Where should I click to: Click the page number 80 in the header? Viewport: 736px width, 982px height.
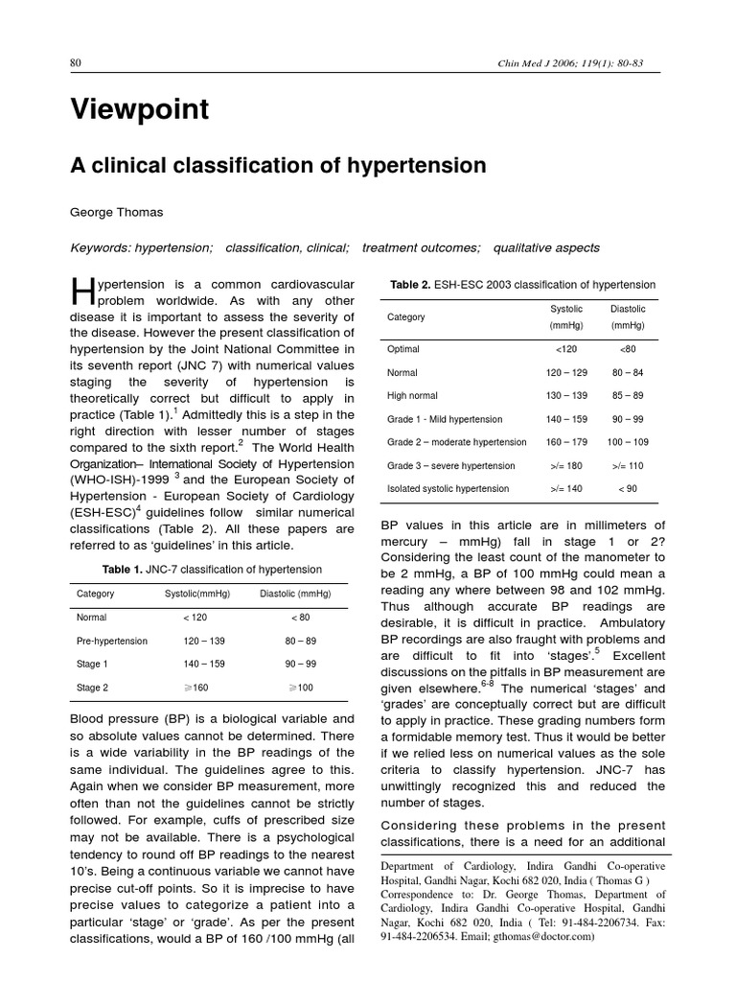[x=77, y=63]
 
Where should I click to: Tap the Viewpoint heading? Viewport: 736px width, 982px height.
[x=139, y=110]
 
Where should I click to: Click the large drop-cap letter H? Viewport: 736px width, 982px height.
[x=80, y=294]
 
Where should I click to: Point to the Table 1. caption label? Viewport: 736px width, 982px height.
[x=123, y=569]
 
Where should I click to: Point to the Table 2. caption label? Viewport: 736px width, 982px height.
[x=411, y=285]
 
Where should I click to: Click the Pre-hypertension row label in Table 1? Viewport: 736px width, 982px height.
[x=112, y=641]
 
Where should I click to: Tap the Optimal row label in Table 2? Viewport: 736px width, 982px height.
[x=402, y=349]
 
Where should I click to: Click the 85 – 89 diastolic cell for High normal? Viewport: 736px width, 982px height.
[x=628, y=395]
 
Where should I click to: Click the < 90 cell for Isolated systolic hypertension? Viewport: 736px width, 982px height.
[x=628, y=488]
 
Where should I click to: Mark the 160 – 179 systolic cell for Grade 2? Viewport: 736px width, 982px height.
[x=565, y=442]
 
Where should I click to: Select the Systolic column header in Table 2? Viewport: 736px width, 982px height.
[x=565, y=310]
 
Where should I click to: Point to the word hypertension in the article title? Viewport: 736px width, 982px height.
[x=415, y=166]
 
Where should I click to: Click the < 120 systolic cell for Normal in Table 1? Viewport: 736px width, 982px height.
[x=195, y=618]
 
